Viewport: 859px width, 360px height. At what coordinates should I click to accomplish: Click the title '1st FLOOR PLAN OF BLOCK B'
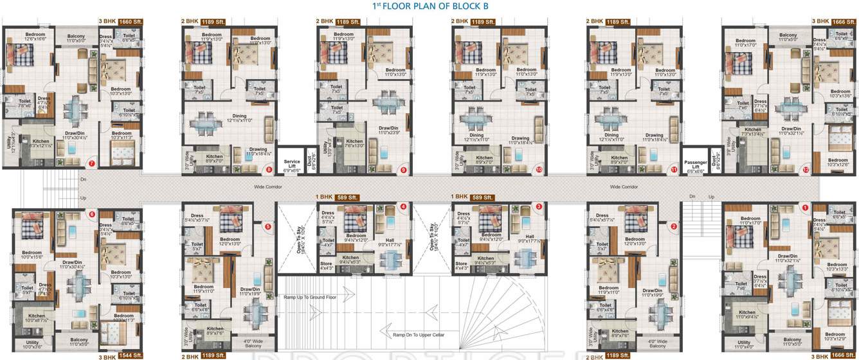(426, 6)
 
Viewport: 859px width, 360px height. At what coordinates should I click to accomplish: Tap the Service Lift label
(292, 163)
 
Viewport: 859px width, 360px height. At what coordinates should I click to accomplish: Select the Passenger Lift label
(695, 163)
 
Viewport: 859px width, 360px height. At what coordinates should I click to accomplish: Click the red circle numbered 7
(92, 164)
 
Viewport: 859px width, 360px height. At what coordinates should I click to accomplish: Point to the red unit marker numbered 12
(805, 170)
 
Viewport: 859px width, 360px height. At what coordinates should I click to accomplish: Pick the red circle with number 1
(804, 207)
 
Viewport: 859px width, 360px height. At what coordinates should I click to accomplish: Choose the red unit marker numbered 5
(268, 226)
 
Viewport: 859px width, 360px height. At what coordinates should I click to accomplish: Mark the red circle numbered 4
(403, 207)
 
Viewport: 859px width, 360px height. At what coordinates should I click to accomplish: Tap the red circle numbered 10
(539, 170)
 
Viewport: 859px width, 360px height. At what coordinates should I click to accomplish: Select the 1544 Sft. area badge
(129, 355)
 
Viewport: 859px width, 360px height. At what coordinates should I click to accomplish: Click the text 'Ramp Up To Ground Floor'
(310, 298)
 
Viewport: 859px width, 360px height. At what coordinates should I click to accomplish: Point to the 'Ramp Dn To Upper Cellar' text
(419, 335)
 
